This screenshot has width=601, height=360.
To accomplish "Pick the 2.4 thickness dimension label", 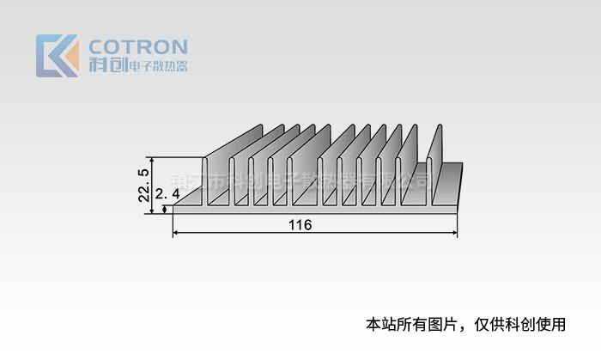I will [167, 195].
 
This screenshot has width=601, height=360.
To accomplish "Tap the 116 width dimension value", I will [300, 225].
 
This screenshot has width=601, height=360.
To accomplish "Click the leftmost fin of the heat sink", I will [206, 181].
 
